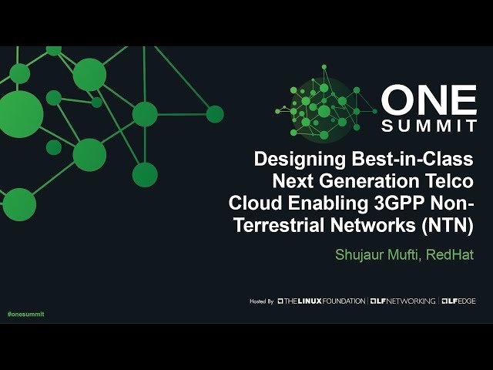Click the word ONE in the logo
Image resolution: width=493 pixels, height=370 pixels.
coord(429,99)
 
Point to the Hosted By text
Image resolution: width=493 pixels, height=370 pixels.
coord(262,301)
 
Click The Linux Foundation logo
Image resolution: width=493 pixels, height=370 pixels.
coord(321,301)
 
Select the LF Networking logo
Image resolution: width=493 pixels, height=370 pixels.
coord(402,301)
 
